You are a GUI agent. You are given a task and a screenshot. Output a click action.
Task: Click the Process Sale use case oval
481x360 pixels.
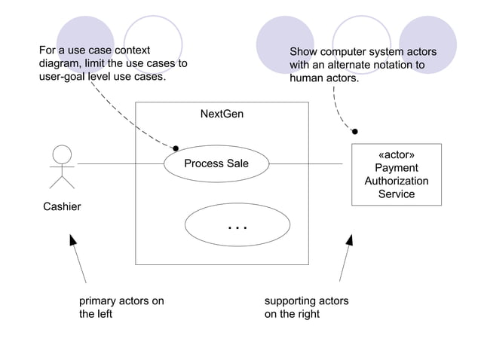point(216,163)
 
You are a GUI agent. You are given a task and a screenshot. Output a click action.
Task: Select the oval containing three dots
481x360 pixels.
point(237,225)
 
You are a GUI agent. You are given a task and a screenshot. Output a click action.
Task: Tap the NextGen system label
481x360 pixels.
point(222,114)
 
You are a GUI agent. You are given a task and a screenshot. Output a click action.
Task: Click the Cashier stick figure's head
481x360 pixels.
point(62,154)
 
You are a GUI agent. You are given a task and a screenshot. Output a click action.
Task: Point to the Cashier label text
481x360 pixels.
point(62,206)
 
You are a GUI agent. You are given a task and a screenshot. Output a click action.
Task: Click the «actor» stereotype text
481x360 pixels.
point(396,155)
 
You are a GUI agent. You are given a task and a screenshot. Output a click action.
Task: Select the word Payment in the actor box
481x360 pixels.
point(396,168)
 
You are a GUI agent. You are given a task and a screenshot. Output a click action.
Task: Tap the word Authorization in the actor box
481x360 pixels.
point(396,181)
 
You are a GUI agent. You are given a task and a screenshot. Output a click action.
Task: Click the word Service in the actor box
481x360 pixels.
point(396,194)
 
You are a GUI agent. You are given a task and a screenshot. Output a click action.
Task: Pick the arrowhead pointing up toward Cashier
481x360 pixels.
point(73,240)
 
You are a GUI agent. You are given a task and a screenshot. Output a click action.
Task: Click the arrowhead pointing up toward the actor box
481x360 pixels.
point(350,240)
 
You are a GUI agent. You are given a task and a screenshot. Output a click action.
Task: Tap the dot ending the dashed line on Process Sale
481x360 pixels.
point(176,148)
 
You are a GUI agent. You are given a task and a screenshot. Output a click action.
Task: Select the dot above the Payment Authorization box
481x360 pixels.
point(354,131)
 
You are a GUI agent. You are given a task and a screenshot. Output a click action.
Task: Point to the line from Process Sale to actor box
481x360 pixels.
point(309,163)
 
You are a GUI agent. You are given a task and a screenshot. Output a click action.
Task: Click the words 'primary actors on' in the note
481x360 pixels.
point(121,301)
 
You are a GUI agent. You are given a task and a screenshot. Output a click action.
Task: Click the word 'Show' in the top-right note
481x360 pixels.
point(304,51)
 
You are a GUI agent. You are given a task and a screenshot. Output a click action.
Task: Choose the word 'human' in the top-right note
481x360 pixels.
point(307,78)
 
